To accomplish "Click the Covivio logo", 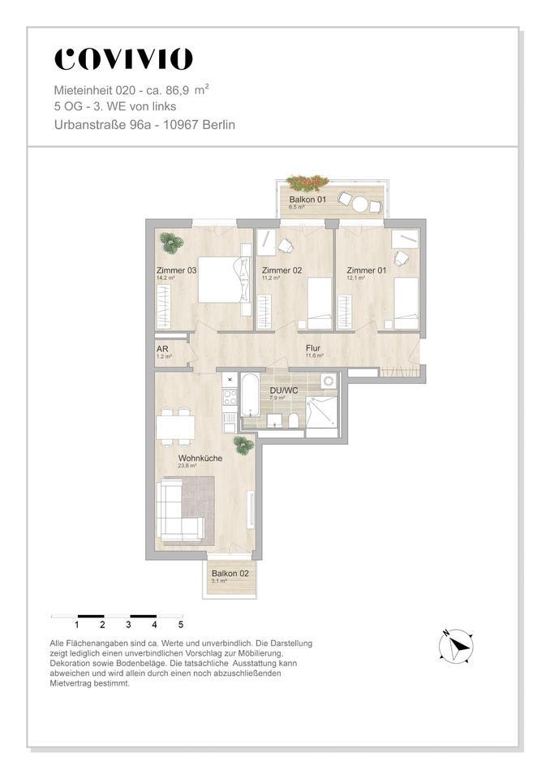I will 123,59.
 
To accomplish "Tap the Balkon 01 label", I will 307,200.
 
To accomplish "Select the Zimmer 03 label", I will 176,271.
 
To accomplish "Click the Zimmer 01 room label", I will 366,270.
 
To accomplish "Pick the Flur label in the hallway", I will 313,348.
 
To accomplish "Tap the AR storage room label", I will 161,349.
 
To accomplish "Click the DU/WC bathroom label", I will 285,390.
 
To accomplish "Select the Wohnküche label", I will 200,458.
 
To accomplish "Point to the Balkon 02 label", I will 230,574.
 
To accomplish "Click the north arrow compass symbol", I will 456,646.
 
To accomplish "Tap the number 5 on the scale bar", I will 181,625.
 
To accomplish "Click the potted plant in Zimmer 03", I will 171,241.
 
